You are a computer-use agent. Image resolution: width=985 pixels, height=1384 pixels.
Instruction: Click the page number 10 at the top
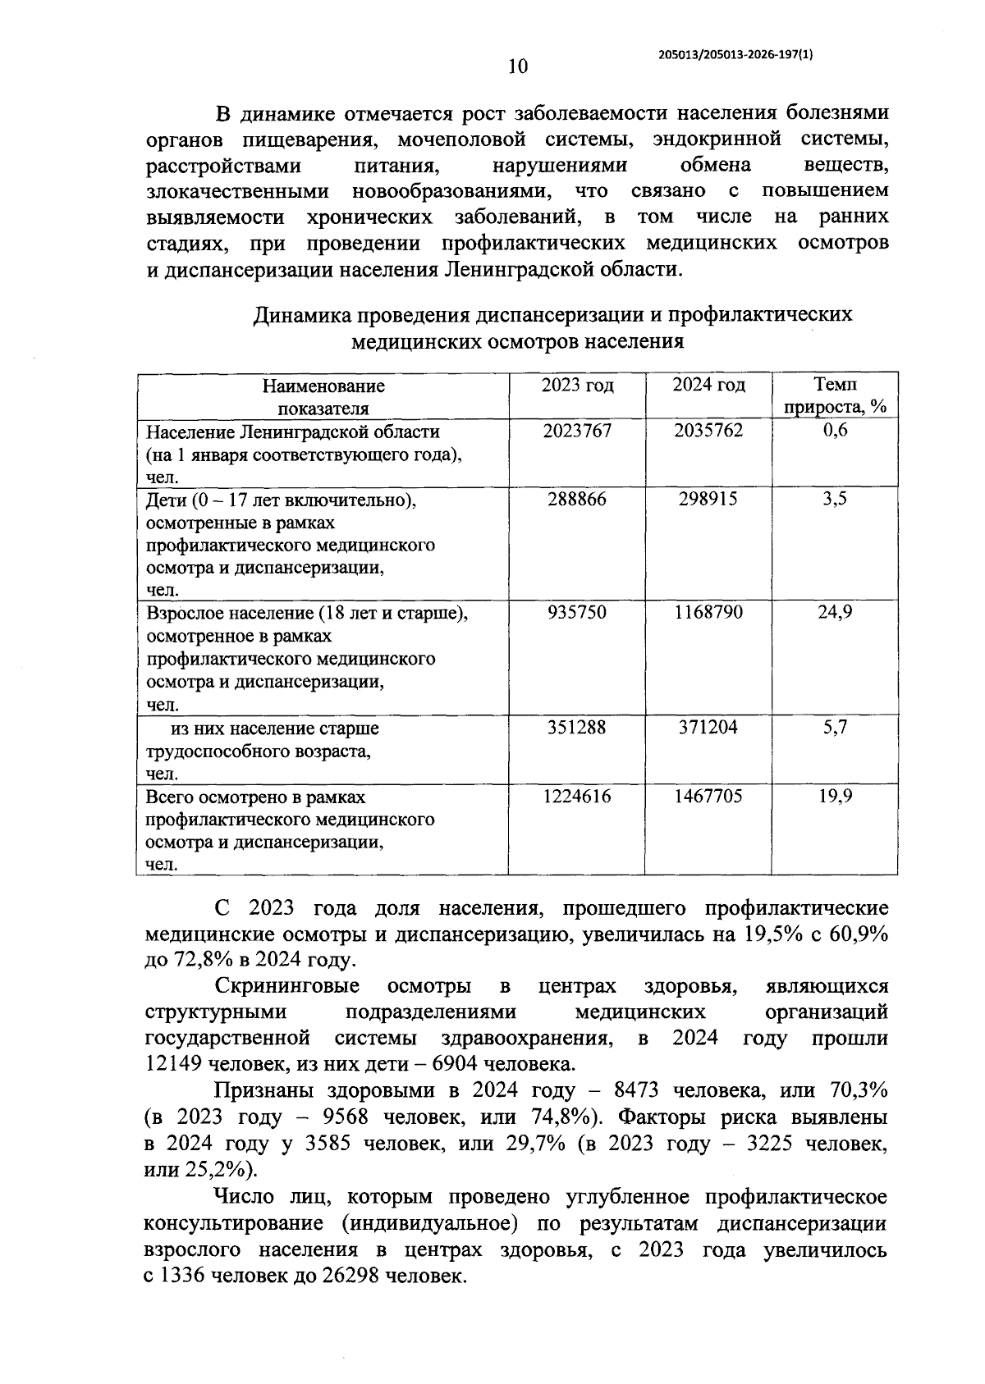(518, 67)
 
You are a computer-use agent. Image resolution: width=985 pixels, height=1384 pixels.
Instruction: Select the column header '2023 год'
(577, 385)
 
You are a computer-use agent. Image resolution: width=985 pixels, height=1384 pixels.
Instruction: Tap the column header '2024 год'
(708, 385)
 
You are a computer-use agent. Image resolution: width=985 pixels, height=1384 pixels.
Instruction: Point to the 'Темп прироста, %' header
(835, 395)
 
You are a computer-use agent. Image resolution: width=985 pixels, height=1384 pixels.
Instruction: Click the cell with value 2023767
(577, 431)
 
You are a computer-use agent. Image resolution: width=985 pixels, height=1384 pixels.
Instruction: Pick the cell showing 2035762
(708, 431)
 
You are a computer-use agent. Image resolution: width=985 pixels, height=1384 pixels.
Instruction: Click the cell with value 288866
(577, 499)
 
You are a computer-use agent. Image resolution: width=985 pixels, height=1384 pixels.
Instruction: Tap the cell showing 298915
(708, 499)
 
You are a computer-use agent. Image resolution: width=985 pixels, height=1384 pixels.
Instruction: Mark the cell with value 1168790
(708, 612)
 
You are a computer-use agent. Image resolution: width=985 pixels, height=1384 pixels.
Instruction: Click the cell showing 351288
(577, 727)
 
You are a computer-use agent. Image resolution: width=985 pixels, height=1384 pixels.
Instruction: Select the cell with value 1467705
(708, 796)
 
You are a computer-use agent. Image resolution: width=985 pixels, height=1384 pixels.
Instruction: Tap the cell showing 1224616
(577, 796)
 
